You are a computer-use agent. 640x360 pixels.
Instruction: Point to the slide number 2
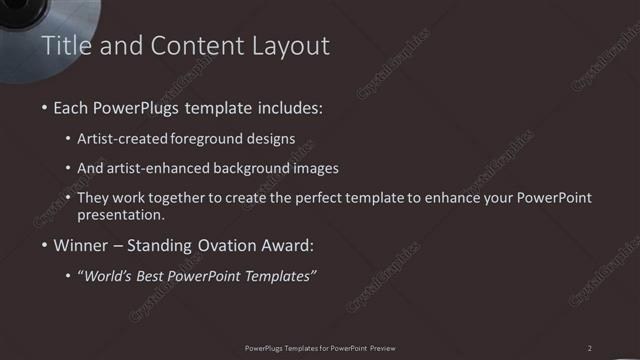point(590,348)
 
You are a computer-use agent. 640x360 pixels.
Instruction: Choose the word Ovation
point(225,244)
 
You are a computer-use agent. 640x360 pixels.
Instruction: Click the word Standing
point(158,244)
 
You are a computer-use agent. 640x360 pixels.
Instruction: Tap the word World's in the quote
point(111,274)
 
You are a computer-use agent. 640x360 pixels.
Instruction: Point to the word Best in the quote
point(160,274)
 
